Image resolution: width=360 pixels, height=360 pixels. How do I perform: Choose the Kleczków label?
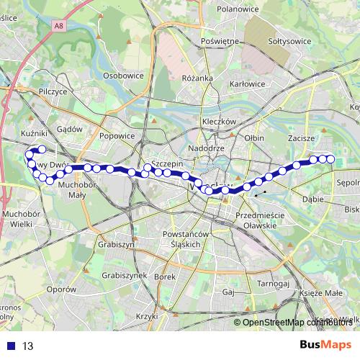coord(220,122)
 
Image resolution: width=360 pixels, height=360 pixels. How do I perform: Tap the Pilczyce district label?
coord(53,92)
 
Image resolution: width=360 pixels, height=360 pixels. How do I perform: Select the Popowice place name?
coord(117,135)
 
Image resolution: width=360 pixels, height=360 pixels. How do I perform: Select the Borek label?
coord(165,276)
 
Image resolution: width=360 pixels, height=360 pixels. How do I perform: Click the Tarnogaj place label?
coord(274,284)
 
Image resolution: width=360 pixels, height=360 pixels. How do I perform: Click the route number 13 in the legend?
coord(28,346)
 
